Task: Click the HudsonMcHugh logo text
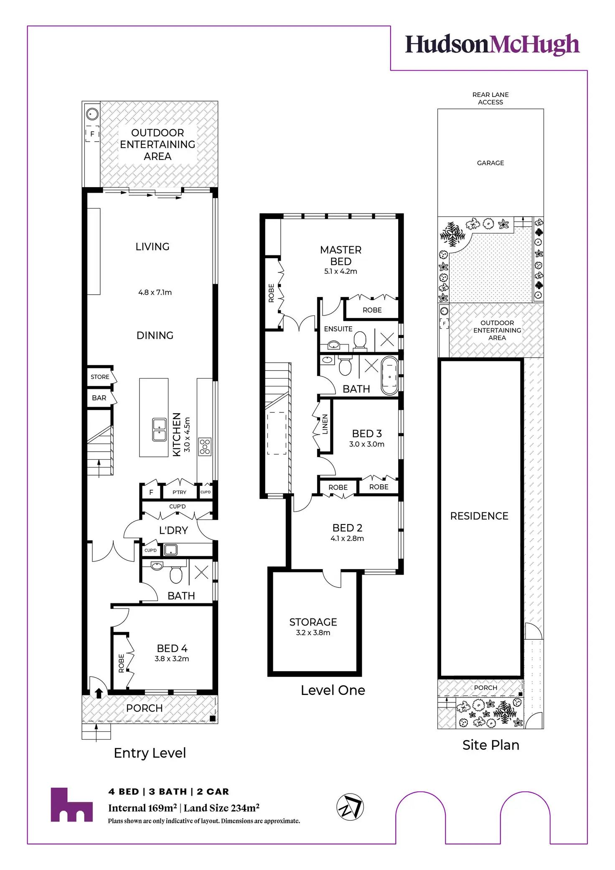click(492, 44)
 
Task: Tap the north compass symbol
click(350, 806)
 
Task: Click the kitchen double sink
click(159, 430)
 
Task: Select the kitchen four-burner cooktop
click(205, 447)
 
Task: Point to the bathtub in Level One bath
click(390, 376)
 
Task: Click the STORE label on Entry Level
click(100, 377)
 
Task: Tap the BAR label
click(99, 398)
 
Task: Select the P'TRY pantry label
click(180, 492)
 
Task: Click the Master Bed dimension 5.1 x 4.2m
click(341, 271)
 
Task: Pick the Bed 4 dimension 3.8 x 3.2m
click(172, 659)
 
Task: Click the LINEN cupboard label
click(325, 424)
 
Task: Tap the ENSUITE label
click(338, 329)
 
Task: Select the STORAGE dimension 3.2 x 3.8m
click(313, 633)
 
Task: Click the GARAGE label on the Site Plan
click(490, 163)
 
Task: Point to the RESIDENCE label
click(479, 516)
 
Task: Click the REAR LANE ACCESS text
click(490, 98)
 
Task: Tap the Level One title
click(333, 690)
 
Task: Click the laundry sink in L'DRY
click(170, 550)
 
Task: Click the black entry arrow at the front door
click(99, 693)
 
